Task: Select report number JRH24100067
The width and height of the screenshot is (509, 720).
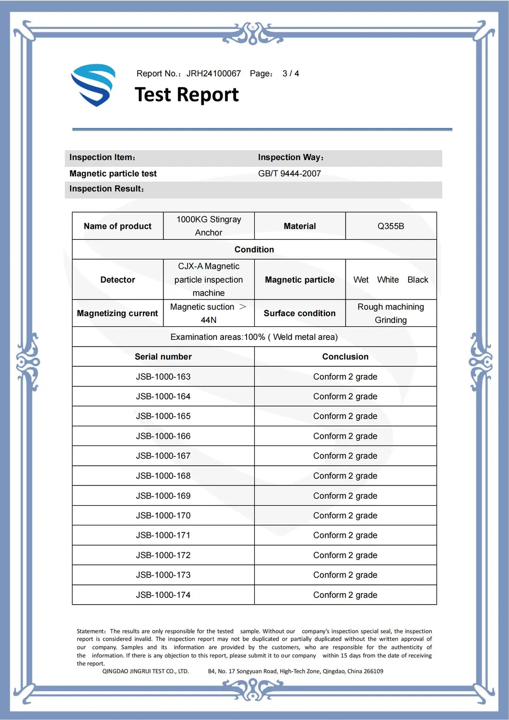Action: pyautogui.click(x=213, y=74)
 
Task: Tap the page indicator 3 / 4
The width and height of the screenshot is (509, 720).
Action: pyautogui.click(x=290, y=74)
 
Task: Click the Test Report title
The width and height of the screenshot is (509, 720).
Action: pyautogui.click(x=186, y=95)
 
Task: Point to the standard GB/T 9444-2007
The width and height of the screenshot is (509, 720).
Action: pyautogui.click(x=289, y=174)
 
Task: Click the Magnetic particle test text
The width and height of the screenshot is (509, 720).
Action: pyautogui.click(x=113, y=174)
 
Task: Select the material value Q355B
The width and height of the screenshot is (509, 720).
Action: pyautogui.click(x=390, y=226)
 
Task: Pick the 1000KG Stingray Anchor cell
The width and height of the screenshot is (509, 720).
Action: pyautogui.click(x=209, y=226)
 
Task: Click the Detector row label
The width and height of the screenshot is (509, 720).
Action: pyautogui.click(x=118, y=280)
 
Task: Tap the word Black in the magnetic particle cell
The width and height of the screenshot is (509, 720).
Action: pyautogui.click(x=417, y=280)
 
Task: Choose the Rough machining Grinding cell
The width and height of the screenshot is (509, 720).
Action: pyautogui.click(x=390, y=313)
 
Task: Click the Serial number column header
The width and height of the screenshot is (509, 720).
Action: pyautogui.click(x=163, y=357)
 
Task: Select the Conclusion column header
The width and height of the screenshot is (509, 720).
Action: pyautogui.click(x=345, y=357)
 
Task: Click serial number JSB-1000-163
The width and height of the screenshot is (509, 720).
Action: pyautogui.click(x=163, y=377)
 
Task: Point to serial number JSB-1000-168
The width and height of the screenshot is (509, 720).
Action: pyautogui.click(x=163, y=476)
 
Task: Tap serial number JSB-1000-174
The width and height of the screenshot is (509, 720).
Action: pyautogui.click(x=163, y=595)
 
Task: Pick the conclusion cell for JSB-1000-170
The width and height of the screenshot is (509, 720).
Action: pyautogui.click(x=345, y=516)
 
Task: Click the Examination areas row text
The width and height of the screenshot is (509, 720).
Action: pyautogui.click(x=254, y=337)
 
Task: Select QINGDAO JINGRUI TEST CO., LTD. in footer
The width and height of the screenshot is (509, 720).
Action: pyautogui.click(x=145, y=671)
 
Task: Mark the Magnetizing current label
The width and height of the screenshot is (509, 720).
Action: pyautogui.click(x=117, y=313)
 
